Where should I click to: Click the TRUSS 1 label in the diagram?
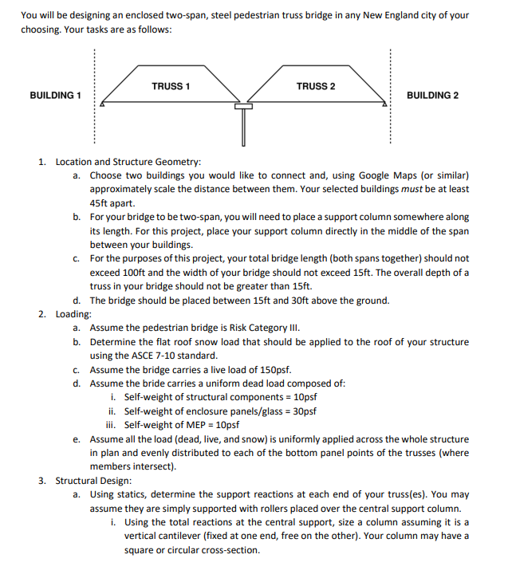coord(170,86)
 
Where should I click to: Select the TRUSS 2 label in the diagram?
coord(316,86)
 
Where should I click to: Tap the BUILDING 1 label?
coord(56,96)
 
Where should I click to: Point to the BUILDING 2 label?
coord(432,96)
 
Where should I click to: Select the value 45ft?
coord(103,202)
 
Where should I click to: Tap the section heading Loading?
coord(73,314)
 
